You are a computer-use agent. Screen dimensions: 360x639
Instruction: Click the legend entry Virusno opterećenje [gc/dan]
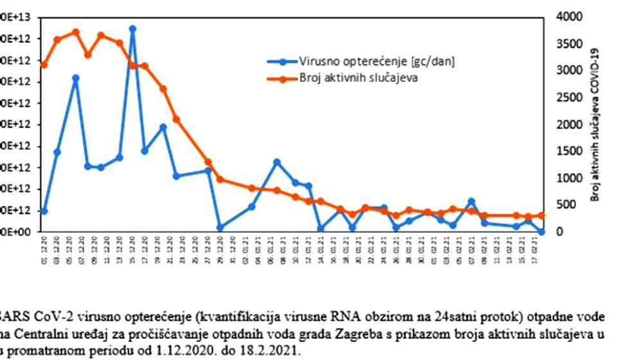click(x=376, y=61)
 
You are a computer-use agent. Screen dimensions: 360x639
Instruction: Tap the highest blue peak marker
click(x=132, y=29)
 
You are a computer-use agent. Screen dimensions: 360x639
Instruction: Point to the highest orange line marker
click(x=76, y=32)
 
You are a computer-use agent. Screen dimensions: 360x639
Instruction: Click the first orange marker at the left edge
click(x=44, y=65)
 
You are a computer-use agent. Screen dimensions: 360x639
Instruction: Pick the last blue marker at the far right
click(x=541, y=231)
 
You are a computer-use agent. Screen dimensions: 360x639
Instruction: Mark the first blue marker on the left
click(x=44, y=211)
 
